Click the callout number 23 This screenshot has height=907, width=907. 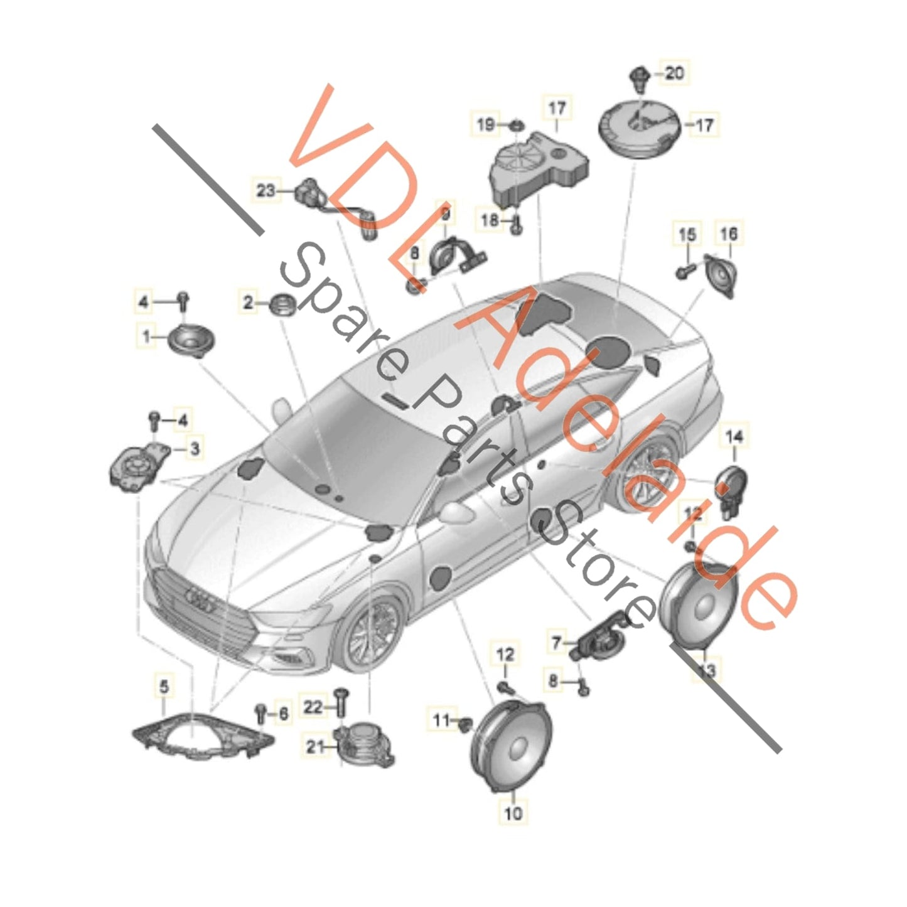click(x=266, y=189)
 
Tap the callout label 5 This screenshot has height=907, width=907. click(x=164, y=687)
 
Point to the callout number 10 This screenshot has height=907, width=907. click(x=513, y=813)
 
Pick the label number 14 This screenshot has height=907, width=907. click(x=734, y=435)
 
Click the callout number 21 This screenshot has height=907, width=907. click(x=314, y=746)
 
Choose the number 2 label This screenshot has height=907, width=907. click(x=249, y=303)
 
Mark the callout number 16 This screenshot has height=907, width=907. click(x=728, y=234)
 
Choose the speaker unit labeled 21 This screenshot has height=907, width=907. click(x=365, y=744)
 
